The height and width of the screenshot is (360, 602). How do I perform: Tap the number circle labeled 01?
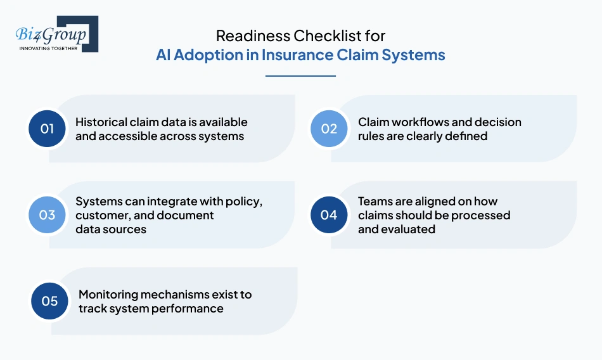tap(48, 129)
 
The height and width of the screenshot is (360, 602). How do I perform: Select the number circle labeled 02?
tap(329, 129)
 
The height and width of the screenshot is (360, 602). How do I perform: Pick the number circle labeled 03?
tap(48, 215)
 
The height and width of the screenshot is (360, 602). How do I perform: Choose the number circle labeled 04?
tap(329, 215)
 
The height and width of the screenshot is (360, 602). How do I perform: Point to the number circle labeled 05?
tap(49, 301)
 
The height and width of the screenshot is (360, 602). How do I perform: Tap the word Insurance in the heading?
tap(307, 55)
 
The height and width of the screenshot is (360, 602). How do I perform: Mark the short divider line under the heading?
tap(300, 76)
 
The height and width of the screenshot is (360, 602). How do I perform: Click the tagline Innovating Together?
tap(48, 48)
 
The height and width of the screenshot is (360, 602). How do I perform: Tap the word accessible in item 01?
tap(127, 136)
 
